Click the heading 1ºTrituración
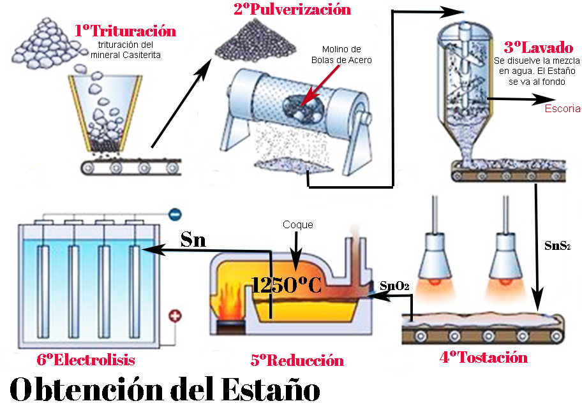124,31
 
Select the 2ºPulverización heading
293,10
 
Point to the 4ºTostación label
484,358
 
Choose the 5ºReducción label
297,360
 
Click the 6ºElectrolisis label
86,360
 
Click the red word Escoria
562,108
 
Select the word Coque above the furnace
298,225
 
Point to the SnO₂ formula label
394,286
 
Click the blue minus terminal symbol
173,215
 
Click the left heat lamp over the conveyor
436,248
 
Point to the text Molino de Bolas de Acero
341,55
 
